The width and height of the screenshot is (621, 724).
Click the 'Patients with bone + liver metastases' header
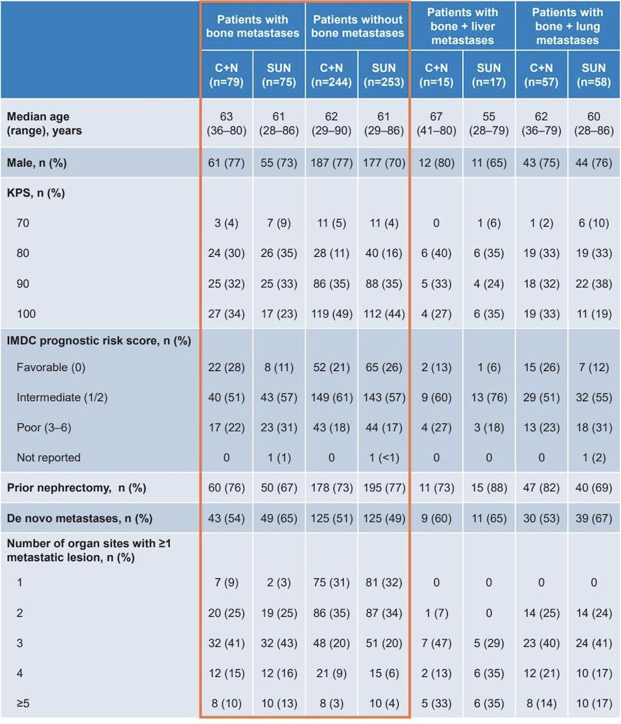click(x=462, y=27)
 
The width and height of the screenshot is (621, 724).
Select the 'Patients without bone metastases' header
click(x=358, y=27)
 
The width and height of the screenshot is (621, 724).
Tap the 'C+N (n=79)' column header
click(x=227, y=75)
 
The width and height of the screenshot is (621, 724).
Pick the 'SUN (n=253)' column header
click(x=384, y=75)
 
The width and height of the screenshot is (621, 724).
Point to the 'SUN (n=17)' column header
click(x=489, y=75)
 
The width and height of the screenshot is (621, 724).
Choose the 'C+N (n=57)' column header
click(x=541, y=75)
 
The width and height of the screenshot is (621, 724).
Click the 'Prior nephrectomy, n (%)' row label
click(x=76, y=488)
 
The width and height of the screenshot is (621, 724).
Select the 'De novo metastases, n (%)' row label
click(x=79, y=518)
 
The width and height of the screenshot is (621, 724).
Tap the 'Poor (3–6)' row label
click(x=44, y=427)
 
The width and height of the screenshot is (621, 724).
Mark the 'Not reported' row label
click(x=48, y=457)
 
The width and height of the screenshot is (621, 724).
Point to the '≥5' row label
click(x=23, y=703)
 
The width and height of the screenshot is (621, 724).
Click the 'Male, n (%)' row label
click(x=36, y=163)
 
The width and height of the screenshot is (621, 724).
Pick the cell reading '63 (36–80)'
click(x=227, y=123)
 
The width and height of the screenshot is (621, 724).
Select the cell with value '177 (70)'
click(x=384, y=163)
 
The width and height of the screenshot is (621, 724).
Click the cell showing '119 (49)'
click(x=332, y=314)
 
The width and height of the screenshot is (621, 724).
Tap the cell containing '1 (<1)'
click(x=384, y=457)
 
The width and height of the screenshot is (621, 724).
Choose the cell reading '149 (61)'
click(x=332, y=398)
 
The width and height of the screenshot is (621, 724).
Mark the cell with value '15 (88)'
click(x=489, y=488)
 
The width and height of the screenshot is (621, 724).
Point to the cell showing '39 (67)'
click(x=594, y=518)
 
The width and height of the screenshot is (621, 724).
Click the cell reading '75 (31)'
click(x=332, y=582)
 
